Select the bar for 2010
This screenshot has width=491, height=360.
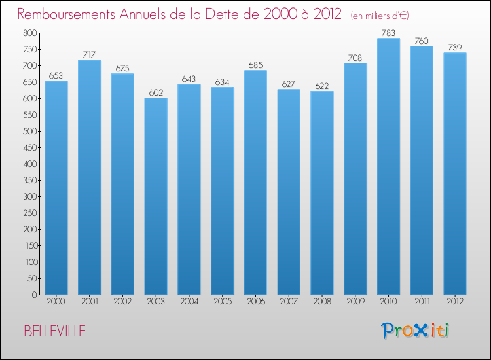click(388, 167)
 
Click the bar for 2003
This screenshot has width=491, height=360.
click(156, 196)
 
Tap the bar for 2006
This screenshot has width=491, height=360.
click(255, 183)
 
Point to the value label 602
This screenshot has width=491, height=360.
click(156, 92)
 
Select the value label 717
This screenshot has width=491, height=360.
click(89, 54)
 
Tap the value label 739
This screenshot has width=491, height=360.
click(455, 47)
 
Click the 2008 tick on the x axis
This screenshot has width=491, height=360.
click(322, 302)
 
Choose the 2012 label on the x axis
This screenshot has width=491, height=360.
click(455, 302)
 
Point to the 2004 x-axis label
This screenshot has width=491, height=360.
click(189, 302)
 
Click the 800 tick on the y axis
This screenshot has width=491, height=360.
click(29, 33)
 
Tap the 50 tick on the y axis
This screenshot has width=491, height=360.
click(31, 278)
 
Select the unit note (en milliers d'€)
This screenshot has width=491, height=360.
click(380, 15)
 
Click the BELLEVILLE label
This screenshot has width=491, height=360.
click(54, 331)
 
